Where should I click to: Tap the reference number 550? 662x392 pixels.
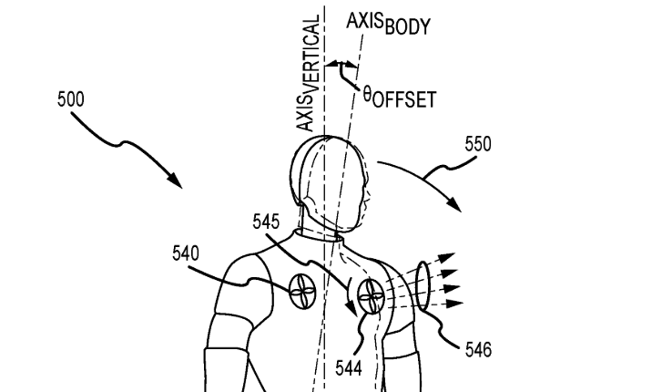(478, 143)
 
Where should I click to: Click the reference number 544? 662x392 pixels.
(347, 368)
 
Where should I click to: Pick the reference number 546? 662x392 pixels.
(477, 349)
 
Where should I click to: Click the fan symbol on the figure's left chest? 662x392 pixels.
(302, 293)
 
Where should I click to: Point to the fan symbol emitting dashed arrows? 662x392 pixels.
(372, 295)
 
